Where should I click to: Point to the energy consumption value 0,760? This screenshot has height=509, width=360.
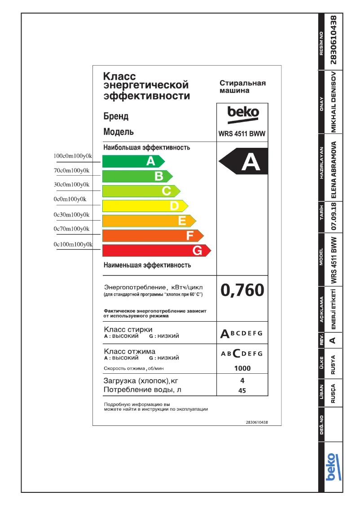242,291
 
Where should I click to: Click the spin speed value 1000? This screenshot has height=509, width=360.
242,368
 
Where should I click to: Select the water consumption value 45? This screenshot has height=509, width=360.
242,391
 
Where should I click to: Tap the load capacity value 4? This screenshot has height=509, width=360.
242,381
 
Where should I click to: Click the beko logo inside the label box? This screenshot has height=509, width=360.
243,112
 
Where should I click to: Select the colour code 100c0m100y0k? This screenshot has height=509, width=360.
73,156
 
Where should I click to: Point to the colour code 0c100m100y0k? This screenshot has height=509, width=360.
73,245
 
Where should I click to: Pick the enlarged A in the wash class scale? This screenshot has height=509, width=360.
225,334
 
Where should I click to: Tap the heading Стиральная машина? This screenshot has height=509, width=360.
242,87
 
